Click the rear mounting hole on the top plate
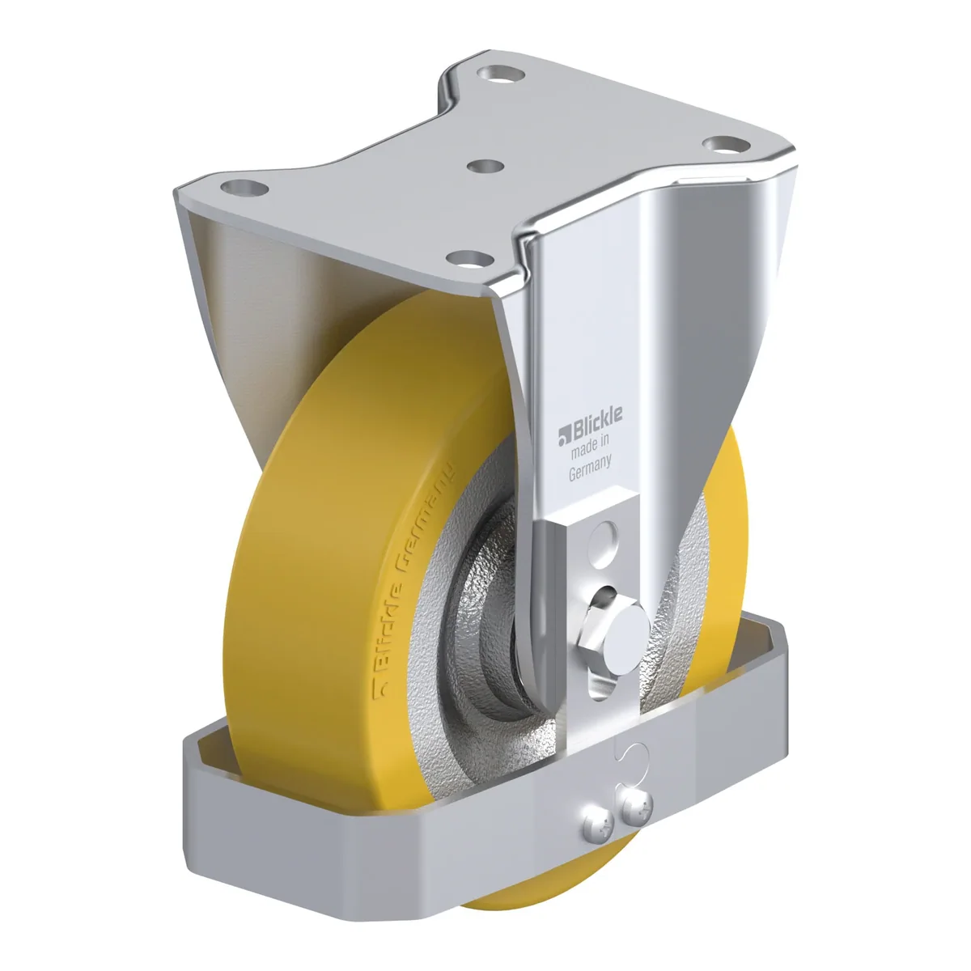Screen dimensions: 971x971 [502, 74]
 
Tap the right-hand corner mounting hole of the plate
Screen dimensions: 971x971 [726, 145]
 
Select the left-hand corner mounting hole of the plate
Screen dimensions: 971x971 [244, 189]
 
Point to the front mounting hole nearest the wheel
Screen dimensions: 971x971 [469, 260]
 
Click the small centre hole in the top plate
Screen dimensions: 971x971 [485, 167]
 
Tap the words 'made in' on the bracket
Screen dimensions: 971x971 [590, 447]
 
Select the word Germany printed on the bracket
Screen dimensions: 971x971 [590, 469]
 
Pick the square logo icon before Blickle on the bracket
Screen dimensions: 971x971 [564, 435]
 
